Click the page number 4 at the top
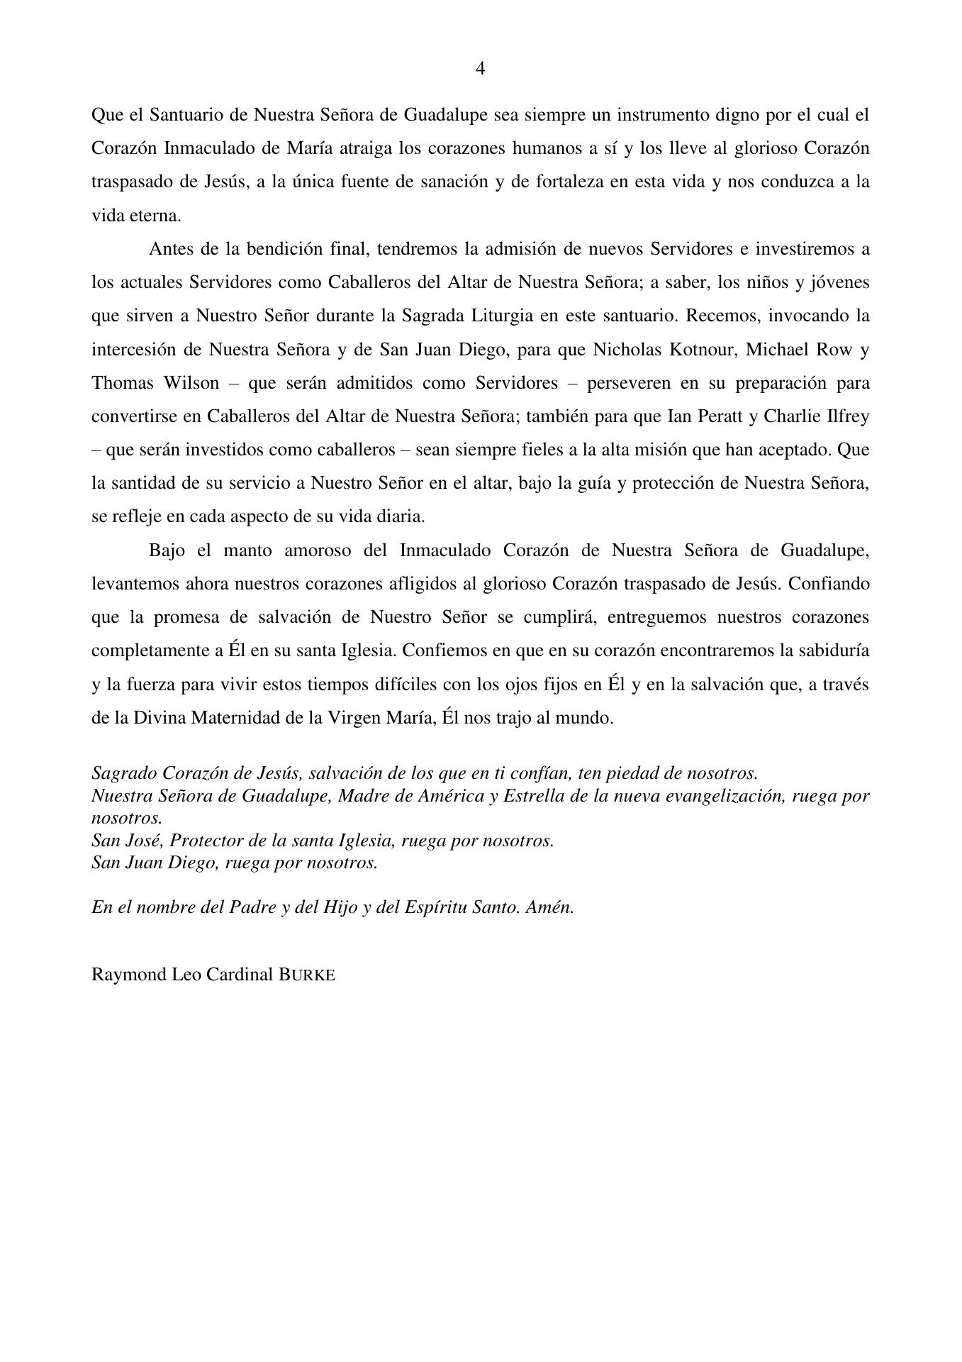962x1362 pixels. coord(480,69)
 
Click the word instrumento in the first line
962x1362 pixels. coord(661,115)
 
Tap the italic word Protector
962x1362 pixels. coord(205,841)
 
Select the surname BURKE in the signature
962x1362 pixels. coord(306,974)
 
